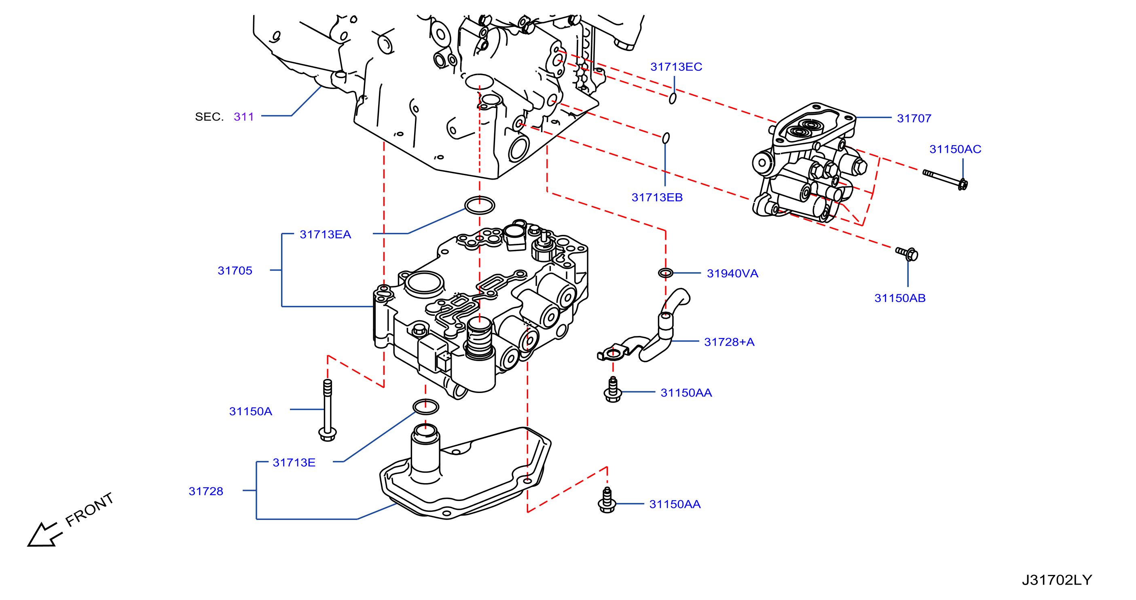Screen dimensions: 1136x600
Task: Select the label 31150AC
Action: click(955, 149)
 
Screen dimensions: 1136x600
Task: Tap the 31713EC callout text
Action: click(676, 67)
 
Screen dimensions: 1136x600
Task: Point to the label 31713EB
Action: click(657, 197)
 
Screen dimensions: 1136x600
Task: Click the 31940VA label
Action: click(732, 273)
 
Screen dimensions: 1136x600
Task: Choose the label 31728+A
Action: click(729, 342)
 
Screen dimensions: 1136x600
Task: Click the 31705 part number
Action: click(235, 270)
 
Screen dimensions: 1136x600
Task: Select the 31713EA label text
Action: click(326, 234)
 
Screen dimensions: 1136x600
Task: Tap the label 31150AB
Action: click(900, 298)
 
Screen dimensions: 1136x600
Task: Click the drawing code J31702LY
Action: click(1057, 580)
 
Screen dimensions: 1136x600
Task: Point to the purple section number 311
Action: click(244, 116)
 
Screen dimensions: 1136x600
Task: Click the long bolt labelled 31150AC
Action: click(945, 180)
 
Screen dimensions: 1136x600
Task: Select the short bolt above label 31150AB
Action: click(907, 253)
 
